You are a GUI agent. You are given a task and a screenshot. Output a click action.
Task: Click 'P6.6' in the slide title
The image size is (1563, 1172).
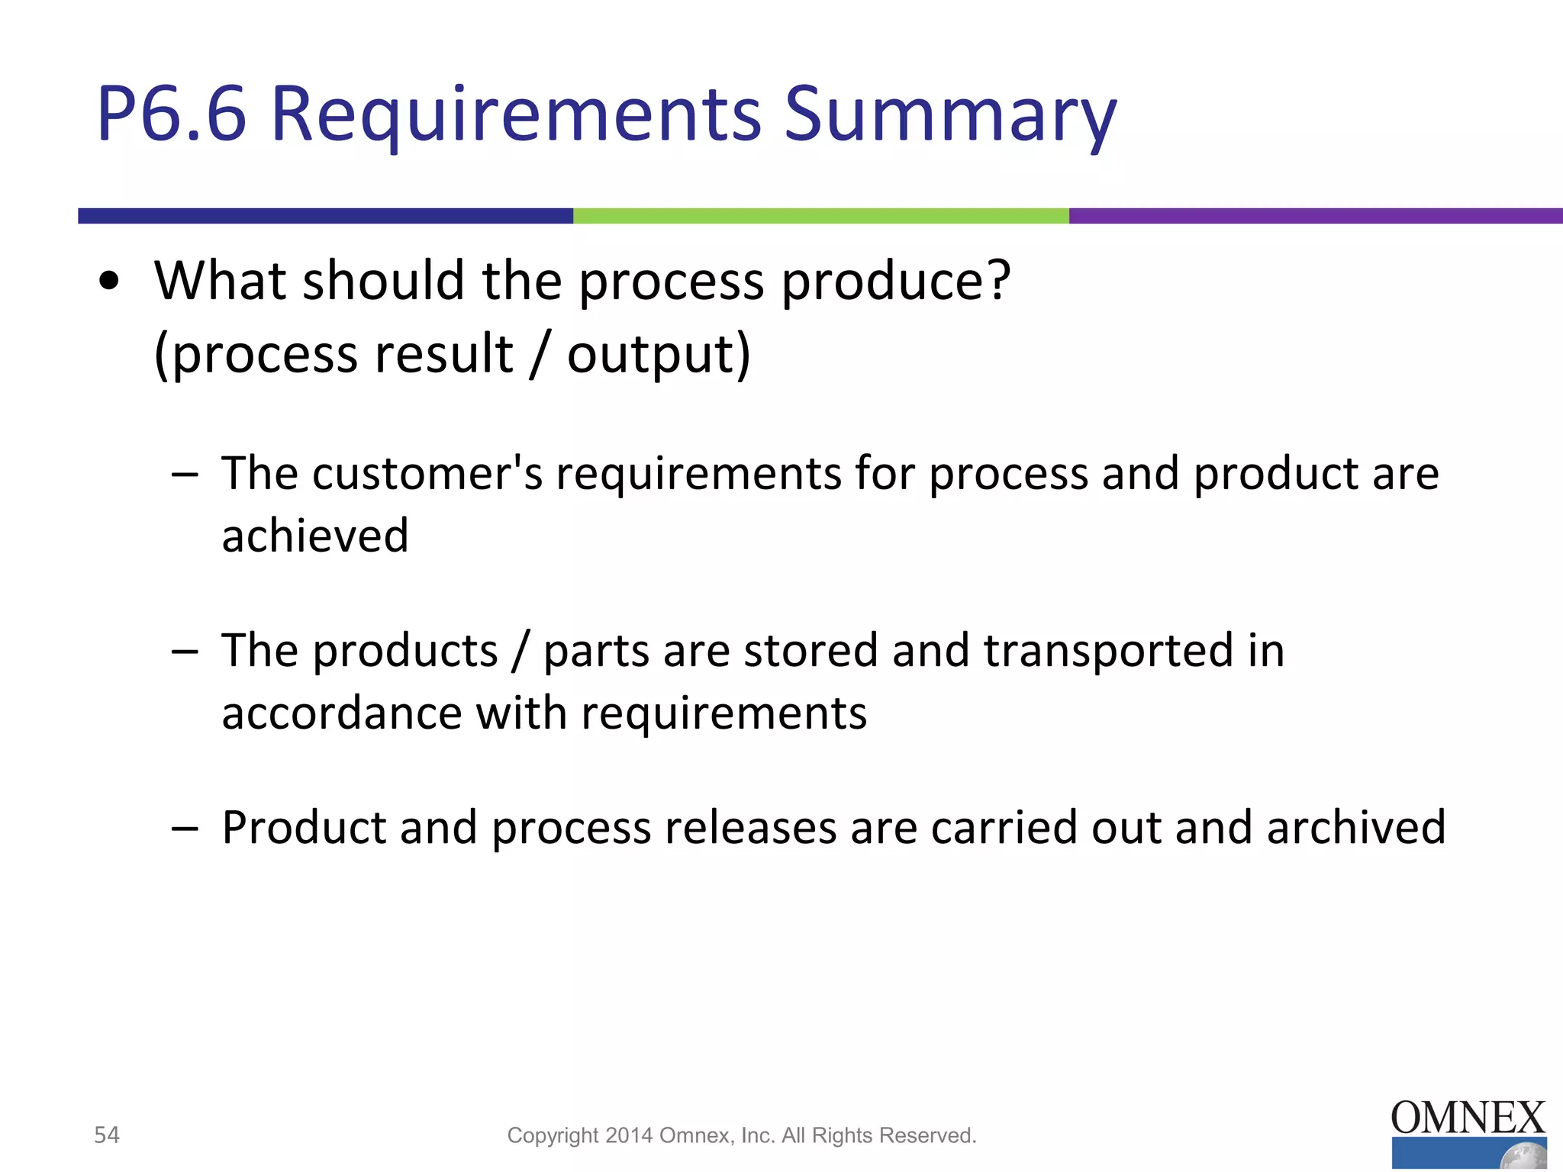click(172, 114)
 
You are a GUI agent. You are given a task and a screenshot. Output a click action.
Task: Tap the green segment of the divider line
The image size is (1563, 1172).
click(820, 216)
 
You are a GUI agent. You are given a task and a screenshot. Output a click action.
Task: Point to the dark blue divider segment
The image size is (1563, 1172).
click(325, 216)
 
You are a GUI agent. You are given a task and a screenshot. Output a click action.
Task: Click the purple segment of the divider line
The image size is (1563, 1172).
click(1315, 216)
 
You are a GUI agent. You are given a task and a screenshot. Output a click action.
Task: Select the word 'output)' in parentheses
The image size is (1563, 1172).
click(659, 355)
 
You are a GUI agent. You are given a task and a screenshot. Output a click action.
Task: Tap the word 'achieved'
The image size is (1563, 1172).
click(315, 536)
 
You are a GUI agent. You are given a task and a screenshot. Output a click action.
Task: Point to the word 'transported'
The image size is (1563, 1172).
click(1108, 651)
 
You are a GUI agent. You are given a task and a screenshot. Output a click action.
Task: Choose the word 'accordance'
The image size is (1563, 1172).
click(342, 713)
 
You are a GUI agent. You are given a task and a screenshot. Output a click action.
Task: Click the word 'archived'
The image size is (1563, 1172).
click(1356, 828)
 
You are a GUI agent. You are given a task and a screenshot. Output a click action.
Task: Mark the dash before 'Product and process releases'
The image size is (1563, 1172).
click(185, 828)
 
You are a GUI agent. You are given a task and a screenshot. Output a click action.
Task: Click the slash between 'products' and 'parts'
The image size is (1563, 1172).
click(520, 651)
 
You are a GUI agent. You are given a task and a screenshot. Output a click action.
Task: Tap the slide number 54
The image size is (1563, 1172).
click(107, 1135)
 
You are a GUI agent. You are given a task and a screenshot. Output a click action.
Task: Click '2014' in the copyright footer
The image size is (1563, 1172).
click(629, 1135)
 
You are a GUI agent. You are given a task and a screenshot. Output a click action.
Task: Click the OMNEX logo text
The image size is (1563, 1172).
click(1468, 1119)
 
